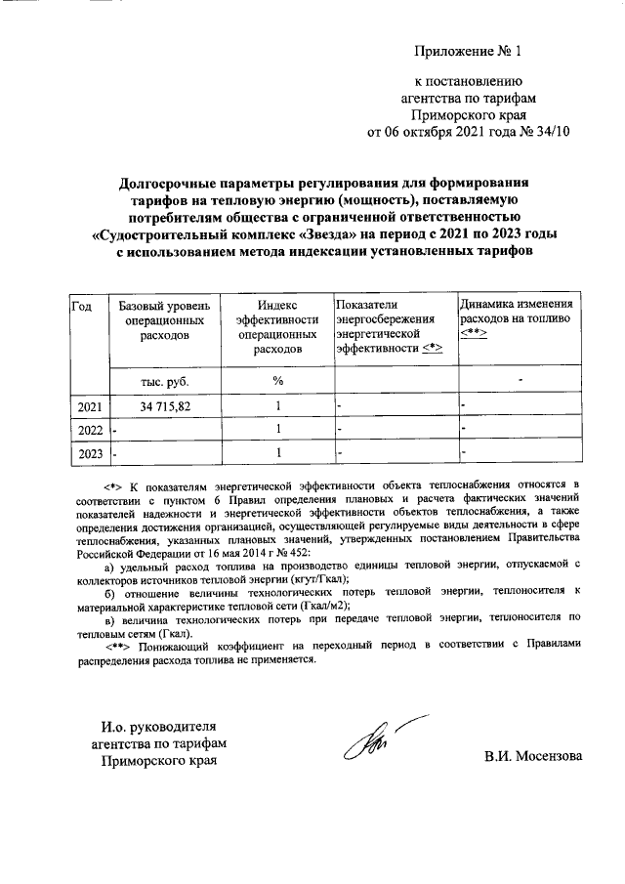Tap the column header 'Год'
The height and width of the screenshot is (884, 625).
coord(82,307)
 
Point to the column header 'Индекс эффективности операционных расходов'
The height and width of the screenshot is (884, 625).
coord(277,327)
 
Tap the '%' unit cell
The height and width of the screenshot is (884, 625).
coord(277,380)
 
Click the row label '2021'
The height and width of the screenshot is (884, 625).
coord(89,405)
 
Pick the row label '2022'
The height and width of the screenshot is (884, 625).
coord(89,429)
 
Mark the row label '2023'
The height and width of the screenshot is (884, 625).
coord(89,452)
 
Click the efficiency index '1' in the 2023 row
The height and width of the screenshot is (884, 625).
coord(278,452)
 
